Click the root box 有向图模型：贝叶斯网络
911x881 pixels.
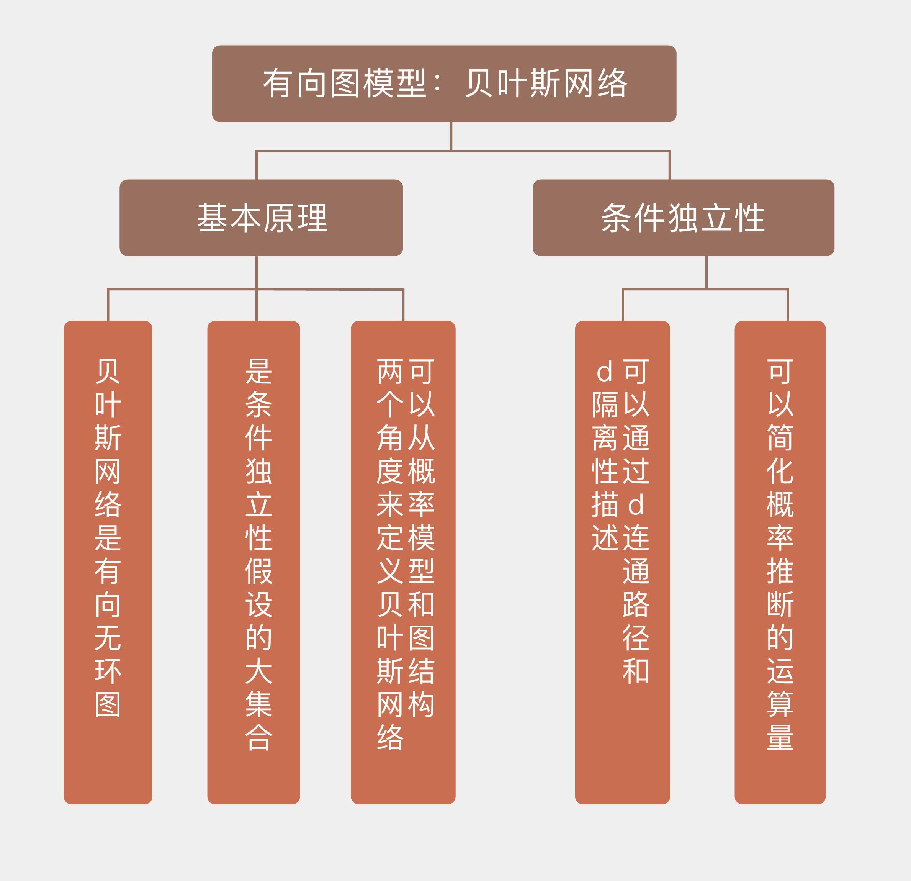[x=444, y=84]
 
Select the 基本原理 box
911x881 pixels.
[x=261, y=218]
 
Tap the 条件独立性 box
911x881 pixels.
[x=683, y=218]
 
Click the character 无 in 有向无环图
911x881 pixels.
[x=108, y=638]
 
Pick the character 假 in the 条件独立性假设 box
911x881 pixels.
[x=258, y=571]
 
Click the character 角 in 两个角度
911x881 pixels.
[x=389, y=437]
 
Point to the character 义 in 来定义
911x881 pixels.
[x=389, y=571]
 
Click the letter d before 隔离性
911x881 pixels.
[x=604, y=372]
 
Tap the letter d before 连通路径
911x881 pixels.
[x=636, y=505]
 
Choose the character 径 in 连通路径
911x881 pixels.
[x=636, y=638]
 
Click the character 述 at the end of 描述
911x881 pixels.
[x=604, y=538]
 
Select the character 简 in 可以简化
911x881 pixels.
[x=780, y=437]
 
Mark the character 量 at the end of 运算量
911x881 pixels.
[x=780, y=738]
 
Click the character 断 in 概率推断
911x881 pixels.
[x=780, y=604]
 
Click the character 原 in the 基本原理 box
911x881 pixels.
[x=278, y=218]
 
